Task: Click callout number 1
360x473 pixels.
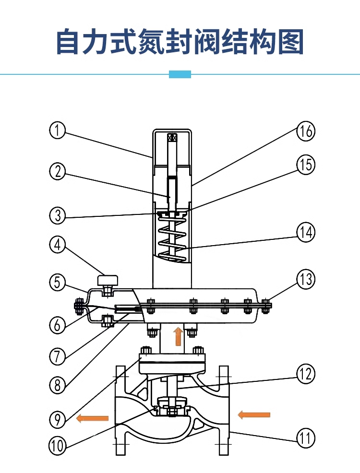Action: coord(58,130)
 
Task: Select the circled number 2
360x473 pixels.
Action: coord(58,171)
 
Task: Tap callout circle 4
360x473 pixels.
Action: coord(58,245)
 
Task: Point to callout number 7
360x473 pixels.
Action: coord(58,355)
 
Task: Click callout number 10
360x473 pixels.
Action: coord(58,445)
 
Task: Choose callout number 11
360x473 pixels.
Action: coord(306,438)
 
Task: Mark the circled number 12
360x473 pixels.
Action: coord(306,374)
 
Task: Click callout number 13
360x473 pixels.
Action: coord(306,279)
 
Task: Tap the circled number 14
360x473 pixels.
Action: coord(306,233)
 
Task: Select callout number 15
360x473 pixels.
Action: coord(306,165)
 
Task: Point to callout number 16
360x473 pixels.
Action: coord(306,131)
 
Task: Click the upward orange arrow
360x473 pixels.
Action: coord(178,336)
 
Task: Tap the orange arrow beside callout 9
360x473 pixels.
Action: coord(92,418)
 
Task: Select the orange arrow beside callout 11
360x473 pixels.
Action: coord(254,414)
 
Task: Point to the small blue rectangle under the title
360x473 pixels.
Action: coord(180,74)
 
